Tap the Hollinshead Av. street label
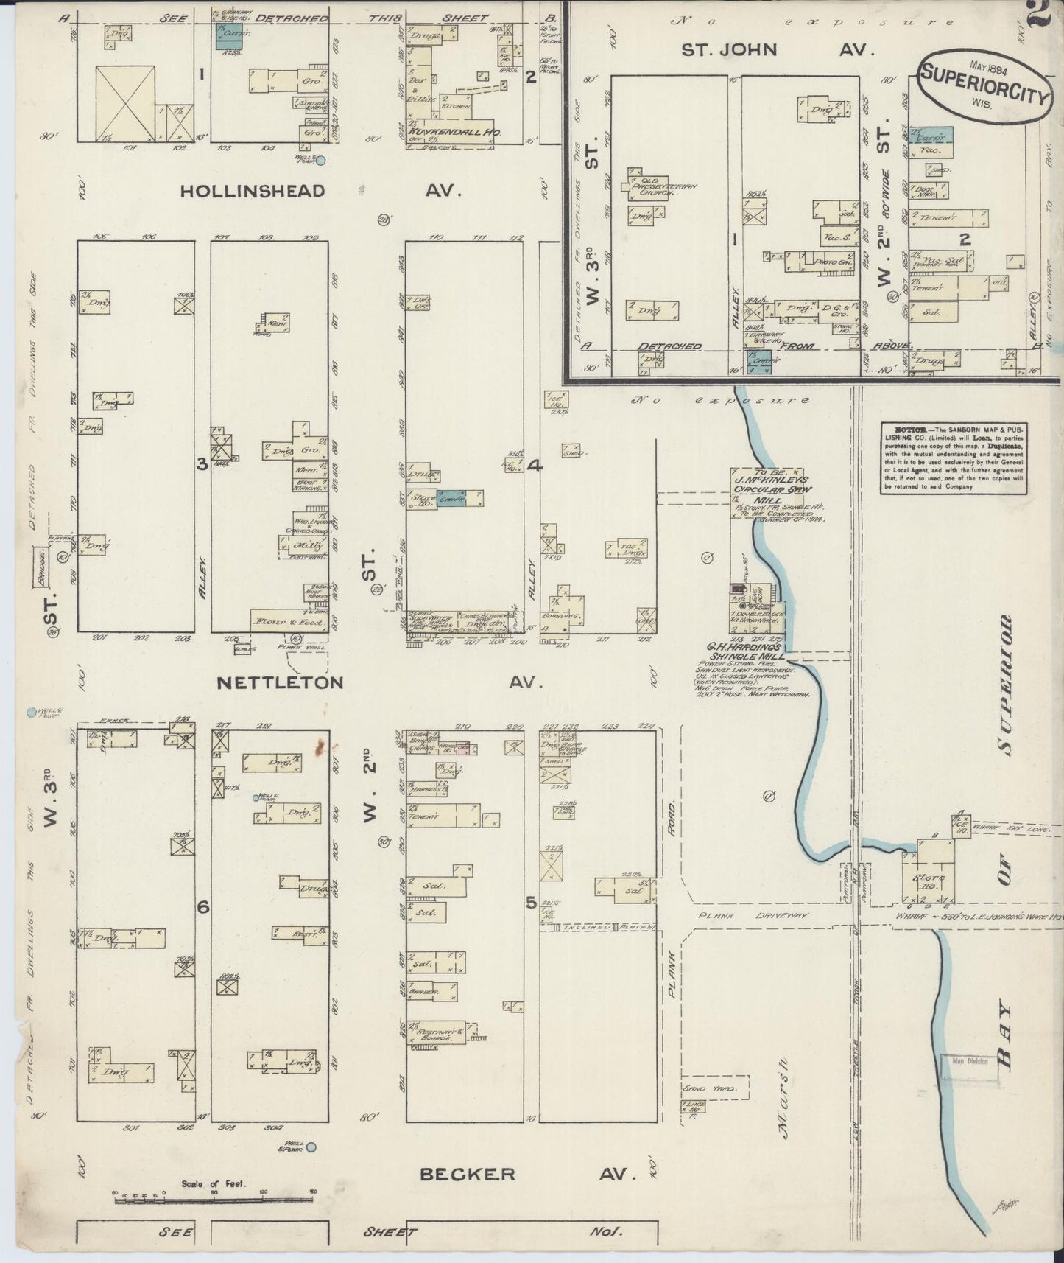[x=320, y=191]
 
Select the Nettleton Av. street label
[x=379, y=682]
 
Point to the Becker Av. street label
[x=527, y=1173]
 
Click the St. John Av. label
[x=777, y=50]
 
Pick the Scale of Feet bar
[x=215, y=1200]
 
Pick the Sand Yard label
[x=706, y=1088]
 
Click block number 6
[x=202, y=908]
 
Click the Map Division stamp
[x=968, y=1062]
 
